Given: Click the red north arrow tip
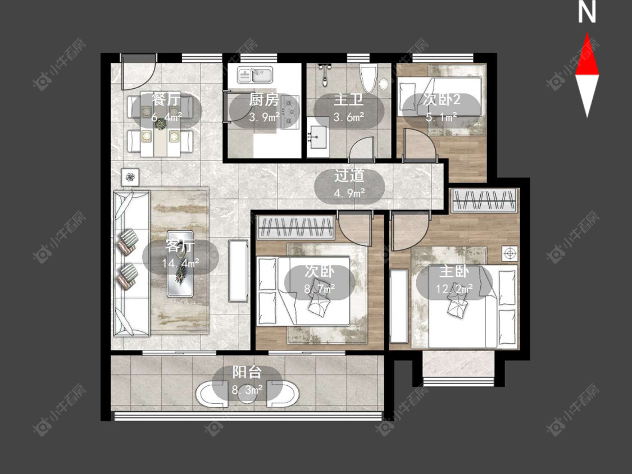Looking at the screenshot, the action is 587,34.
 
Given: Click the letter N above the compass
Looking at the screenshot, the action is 587,12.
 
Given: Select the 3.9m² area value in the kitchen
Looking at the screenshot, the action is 264,117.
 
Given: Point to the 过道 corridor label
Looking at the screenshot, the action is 349,176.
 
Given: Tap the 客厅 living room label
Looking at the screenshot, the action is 180,246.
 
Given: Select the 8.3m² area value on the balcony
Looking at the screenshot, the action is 247,390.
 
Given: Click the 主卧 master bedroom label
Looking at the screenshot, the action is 454,272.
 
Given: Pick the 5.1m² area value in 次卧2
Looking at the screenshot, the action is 442,117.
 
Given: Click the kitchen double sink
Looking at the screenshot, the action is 255,75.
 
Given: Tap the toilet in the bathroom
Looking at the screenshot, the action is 367,78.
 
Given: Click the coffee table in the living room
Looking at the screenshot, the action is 180,263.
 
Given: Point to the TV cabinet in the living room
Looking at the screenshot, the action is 238,271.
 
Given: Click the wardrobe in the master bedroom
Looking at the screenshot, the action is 484,200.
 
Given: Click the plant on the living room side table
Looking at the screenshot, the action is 130,177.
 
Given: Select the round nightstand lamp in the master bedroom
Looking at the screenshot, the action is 510,253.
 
